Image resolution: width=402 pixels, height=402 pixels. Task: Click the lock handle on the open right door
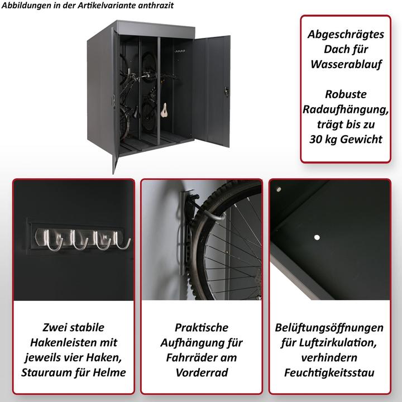click(x=226, y=90)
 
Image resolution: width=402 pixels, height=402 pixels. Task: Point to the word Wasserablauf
click(x=345, y=65)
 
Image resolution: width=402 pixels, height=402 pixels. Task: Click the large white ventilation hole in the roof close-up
click(x=318, y=238)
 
